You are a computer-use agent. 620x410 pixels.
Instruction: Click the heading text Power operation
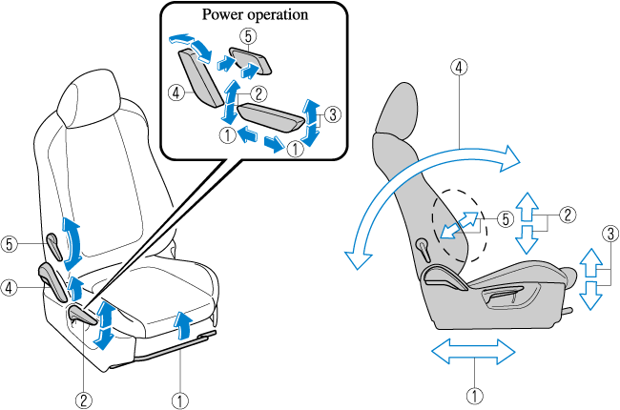click(x=253, y=15)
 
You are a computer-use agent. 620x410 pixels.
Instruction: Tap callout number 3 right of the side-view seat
click(x=610, y=233)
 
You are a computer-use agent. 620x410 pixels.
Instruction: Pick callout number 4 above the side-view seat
click(x=460, y=68)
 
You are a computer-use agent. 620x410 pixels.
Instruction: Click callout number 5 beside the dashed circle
click(x=505, y=217)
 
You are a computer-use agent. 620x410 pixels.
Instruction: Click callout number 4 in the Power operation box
click(x=175, y=93)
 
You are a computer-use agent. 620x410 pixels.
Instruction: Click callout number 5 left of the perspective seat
click(x=10, y=243)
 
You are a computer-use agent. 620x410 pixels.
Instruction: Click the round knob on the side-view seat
click(x=422, y=245)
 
